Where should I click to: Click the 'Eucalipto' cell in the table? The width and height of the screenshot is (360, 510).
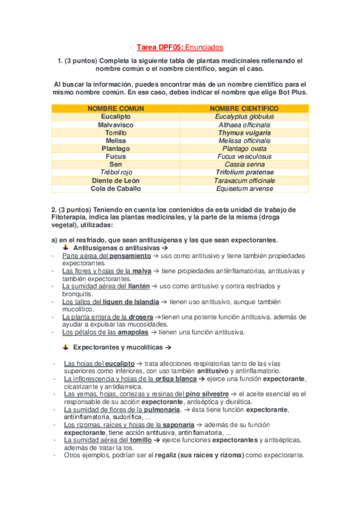(116, 117)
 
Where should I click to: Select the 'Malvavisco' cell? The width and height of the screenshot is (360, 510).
(116, 124)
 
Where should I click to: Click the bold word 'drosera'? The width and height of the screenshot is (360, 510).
(140, 316)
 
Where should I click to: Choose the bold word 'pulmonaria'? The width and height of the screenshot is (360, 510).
(161, 409)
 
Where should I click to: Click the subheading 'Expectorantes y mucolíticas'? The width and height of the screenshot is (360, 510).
(118, 348)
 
